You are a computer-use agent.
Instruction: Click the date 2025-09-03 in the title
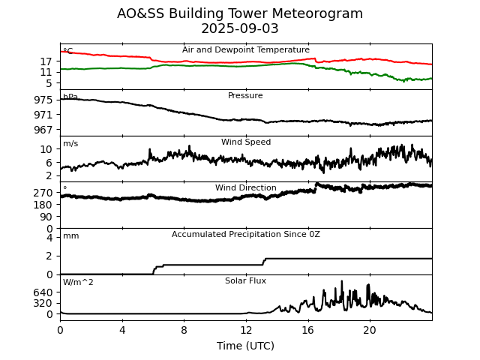click(240, 29)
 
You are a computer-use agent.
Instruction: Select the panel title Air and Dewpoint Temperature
click(246, 50)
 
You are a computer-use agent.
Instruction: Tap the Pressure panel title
click(245, 96)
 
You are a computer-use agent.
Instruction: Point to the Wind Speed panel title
click(246, 142)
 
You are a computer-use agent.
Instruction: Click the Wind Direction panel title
click(246, 188)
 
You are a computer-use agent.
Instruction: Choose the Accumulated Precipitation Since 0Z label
click(246, 235)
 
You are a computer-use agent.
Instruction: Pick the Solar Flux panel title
click(245, 281)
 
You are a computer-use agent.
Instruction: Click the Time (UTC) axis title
click(245, 346)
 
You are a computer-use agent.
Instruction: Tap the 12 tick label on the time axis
click(246, 330)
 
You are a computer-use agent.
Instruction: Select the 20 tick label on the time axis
click(370, 330)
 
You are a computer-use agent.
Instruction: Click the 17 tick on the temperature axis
click(47, 61)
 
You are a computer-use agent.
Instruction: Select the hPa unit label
click(70, 97)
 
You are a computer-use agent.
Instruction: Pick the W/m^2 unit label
click(78, 283)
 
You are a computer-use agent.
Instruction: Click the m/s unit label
click(70, 144)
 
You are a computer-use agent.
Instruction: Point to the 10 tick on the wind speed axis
click(47, 149)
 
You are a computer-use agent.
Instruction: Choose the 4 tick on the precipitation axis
click(49, 238)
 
